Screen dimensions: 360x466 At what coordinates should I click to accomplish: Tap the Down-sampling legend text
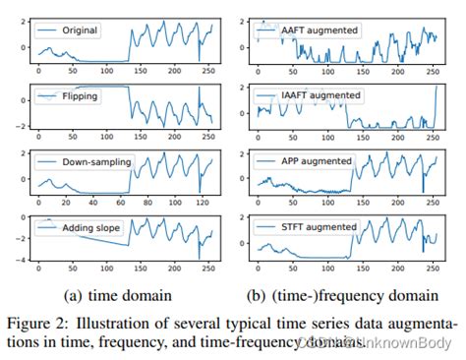click(95, 161)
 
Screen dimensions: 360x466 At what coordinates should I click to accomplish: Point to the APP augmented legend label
click(317, 161)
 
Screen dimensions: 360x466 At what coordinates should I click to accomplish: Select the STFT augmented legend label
click(319, 227)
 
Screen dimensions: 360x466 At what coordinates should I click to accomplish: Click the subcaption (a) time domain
click(118, 294)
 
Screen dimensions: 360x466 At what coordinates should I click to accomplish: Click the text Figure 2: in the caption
click(40, 322)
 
